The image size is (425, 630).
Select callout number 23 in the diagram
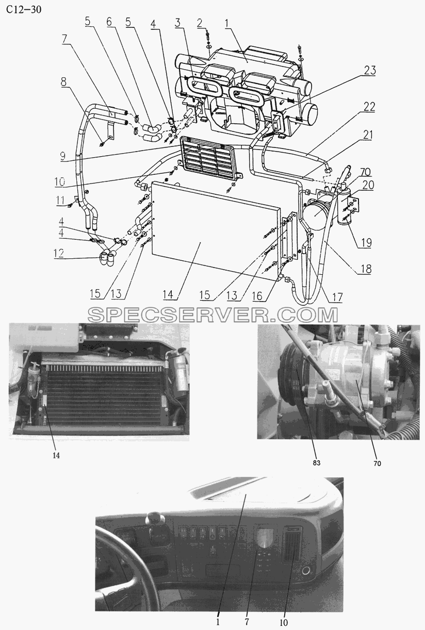coord(370,70)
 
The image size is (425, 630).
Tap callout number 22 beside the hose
coord(369,107)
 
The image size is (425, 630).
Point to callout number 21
coord(367,135)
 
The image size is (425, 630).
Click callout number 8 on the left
coord(64,82)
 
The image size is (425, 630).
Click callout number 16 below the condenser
coord(257,295)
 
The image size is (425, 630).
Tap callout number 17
coord(337,297)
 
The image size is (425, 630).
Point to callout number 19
coord(366,242)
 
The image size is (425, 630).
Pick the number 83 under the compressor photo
coord(316,462)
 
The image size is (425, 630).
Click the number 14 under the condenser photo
coord(56,455)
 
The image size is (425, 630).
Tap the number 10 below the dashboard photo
coord(284,623)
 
